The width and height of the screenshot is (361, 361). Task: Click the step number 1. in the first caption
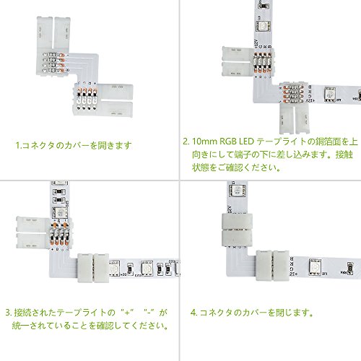18,145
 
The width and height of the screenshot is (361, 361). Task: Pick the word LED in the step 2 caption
246,142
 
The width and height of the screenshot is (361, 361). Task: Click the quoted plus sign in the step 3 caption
127,313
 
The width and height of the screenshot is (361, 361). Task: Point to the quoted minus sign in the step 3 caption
149,313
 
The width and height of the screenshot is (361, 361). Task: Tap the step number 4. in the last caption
193,313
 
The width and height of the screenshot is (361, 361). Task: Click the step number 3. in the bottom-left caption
9,313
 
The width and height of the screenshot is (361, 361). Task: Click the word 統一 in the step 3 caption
20,326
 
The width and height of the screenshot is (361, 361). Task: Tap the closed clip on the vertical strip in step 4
237,230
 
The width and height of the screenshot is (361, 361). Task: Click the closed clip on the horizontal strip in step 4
272,265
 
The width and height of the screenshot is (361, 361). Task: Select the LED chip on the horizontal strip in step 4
315,266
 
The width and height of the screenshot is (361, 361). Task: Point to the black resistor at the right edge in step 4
350,268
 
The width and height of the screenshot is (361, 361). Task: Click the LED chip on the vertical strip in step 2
263,26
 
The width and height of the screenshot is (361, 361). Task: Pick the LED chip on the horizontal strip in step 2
330,94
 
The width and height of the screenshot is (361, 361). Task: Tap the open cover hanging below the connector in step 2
295,118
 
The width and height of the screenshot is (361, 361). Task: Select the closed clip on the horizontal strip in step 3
93,268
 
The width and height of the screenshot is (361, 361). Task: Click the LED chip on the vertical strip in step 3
60,213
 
